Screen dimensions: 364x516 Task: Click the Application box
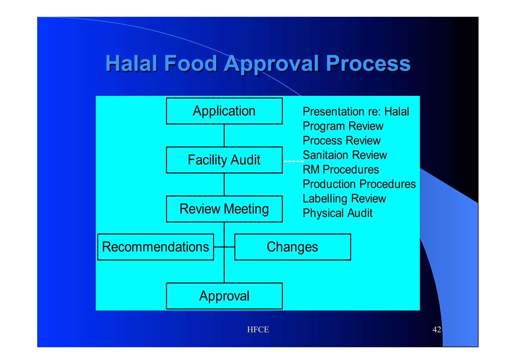(224, 111)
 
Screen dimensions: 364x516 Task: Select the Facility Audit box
(224, 160)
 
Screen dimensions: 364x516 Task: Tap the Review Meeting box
(224, 209)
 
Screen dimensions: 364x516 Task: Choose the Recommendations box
(155, 247)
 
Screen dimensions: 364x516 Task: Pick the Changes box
(293, 247)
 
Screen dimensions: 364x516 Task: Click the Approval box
(224, 296)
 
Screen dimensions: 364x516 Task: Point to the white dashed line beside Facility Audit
(293, 161)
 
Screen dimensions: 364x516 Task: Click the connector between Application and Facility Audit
(224, 136)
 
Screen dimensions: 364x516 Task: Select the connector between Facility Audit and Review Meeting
(224, 184)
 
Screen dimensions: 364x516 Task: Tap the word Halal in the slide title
(131, 63)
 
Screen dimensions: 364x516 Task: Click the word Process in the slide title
(368, 63)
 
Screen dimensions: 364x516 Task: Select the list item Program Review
(343, 126)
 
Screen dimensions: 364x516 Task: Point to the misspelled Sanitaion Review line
(345, 155)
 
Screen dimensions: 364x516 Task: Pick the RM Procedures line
(341, 170)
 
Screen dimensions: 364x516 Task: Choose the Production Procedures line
(359, 184)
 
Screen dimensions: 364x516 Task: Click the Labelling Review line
(344, 198)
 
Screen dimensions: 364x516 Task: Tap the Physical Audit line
(337, 213)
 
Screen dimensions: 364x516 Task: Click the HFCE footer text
(258, 330)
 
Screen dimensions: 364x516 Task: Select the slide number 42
(437, 330)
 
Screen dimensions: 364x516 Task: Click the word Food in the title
(190, 63)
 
